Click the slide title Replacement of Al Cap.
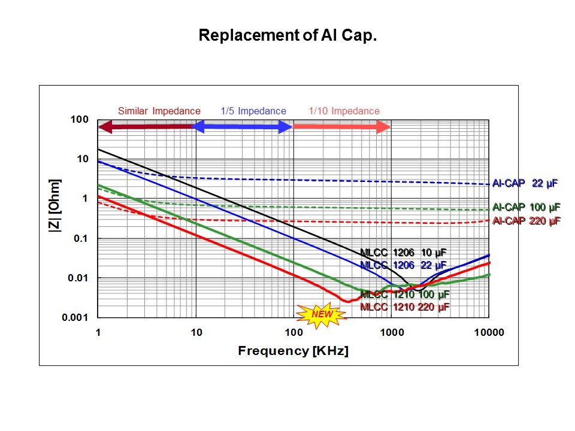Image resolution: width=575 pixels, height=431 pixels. click(x=287, y=36)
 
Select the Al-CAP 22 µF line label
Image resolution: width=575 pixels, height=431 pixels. click(x=525, y=184)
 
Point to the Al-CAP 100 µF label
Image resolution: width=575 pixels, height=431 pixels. click(x=525, y=207)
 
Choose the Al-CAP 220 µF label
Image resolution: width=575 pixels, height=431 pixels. click(x=525, y=221)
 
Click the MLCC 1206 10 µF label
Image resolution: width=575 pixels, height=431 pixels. click(x=403, y=253)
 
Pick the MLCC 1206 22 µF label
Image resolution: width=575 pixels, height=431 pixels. click(x=403, y=265)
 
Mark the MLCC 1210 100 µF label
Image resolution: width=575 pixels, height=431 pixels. click(x=404, y=295)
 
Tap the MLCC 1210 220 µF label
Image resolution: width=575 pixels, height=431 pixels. click(x=404, y=306)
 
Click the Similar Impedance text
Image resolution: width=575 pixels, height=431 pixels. click(x=159, y=111)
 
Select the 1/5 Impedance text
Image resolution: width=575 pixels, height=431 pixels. click(x=253, y=111)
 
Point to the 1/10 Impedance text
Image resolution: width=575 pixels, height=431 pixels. click(x=344, y=111)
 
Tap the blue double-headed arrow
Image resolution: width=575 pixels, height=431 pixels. click(x=243, y=126)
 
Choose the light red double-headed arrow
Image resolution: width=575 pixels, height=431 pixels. click(x=341, y=126)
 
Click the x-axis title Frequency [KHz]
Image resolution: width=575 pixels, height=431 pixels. click(x=293, y=350)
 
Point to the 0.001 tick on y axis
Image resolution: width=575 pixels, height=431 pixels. click(x=75, y=318)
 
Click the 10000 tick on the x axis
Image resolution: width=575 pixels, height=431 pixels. click(x=489, y=333)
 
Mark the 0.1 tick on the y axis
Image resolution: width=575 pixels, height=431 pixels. click(x=80, y=239)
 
